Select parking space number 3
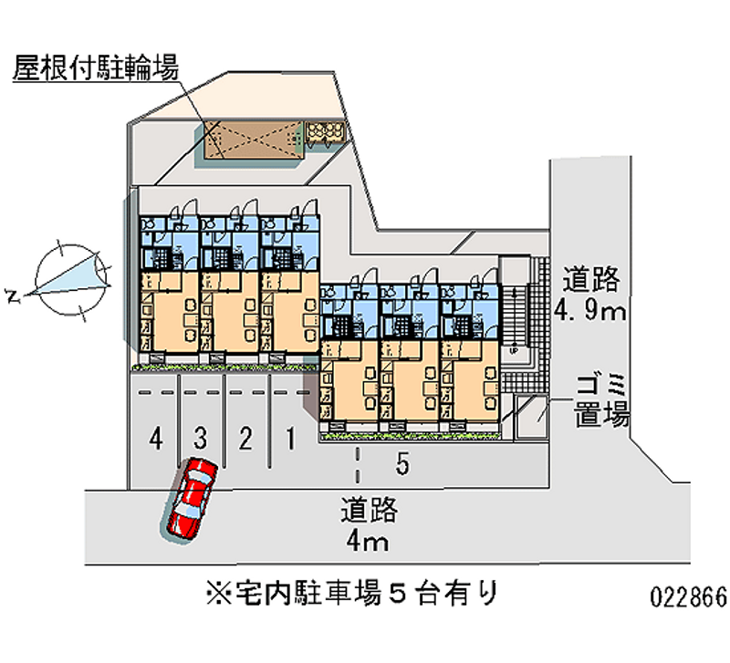[202, 440]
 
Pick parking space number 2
[245, 440]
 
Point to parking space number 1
[289, 440]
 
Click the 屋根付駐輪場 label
[95, 68]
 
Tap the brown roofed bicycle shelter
[249, 140]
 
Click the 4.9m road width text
[589, 313]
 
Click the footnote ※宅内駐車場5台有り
[350, 595]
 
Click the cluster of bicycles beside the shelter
[325, 134]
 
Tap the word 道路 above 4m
[370, 511]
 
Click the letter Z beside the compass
[12, 295]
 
